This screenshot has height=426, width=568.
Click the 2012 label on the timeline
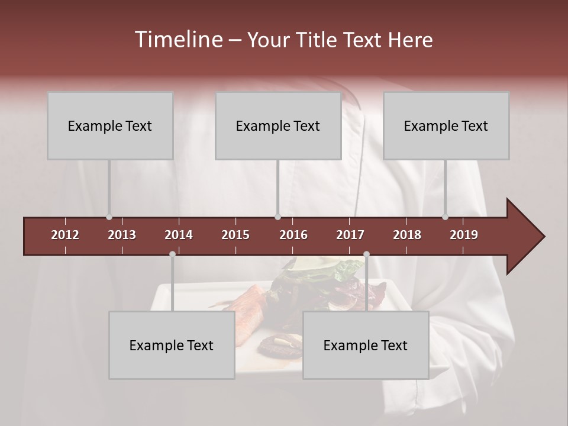pyautogui.click(x=65, y=235)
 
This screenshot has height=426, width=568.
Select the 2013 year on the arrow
pyautogui.click(x=122, y=235)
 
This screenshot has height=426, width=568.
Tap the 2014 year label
pyautogui.click(x=179, y=235)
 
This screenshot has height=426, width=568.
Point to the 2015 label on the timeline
pyautogui.click(x=235, y=235)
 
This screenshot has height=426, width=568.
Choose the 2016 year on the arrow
pyautogui.click(x=293, y=235)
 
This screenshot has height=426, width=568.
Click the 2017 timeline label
pyautogui.click(x=350, y=235)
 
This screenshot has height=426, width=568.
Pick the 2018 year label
pyautogui.click(x=407, y=235)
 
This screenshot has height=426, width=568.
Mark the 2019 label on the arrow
pyautogui.click(x=464, y=235)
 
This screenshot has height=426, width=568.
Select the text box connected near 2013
pyautogui.click(x=110, y=125)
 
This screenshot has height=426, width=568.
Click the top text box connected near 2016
pyautogui.click(x=278, y=125)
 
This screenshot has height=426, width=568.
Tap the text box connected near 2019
pyautogui.click(x=446, y=125)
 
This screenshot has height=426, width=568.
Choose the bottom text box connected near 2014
pyautogui.click(x=172, y=345)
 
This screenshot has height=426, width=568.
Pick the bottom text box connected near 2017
pyautogui.click(x=366, y=345)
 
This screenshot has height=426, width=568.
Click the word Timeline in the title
pyautogui.click(x=178, y=40)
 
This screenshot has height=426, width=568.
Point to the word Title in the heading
pyautogui.click(x=319, y=40)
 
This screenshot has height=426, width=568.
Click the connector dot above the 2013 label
pyautogui.click(x=109, y=217)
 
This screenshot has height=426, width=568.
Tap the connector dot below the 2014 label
pyautogui.click(x=172, y=254)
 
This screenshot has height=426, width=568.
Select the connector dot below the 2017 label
pyautogui.click(x=366, y=254)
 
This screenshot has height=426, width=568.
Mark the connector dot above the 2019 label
pyautogui.click(x=445, y=217)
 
